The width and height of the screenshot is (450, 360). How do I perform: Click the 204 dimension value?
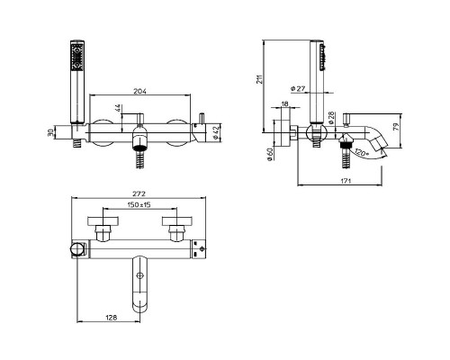click(139, 91)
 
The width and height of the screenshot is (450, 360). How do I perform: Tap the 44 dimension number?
click(118, 108)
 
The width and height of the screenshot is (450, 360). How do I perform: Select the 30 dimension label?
click(50, 132)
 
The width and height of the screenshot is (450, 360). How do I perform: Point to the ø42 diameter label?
click(215, 132)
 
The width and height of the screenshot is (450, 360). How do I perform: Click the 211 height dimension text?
click(260, 79)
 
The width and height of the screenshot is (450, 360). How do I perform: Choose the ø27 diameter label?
click(298, 88)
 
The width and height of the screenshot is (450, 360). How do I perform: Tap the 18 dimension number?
click(285, 103)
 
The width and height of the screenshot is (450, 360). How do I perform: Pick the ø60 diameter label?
click(270, 154)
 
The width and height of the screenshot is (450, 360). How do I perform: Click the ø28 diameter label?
click(331, 118)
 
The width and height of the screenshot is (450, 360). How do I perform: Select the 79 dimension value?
click(396, 127)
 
